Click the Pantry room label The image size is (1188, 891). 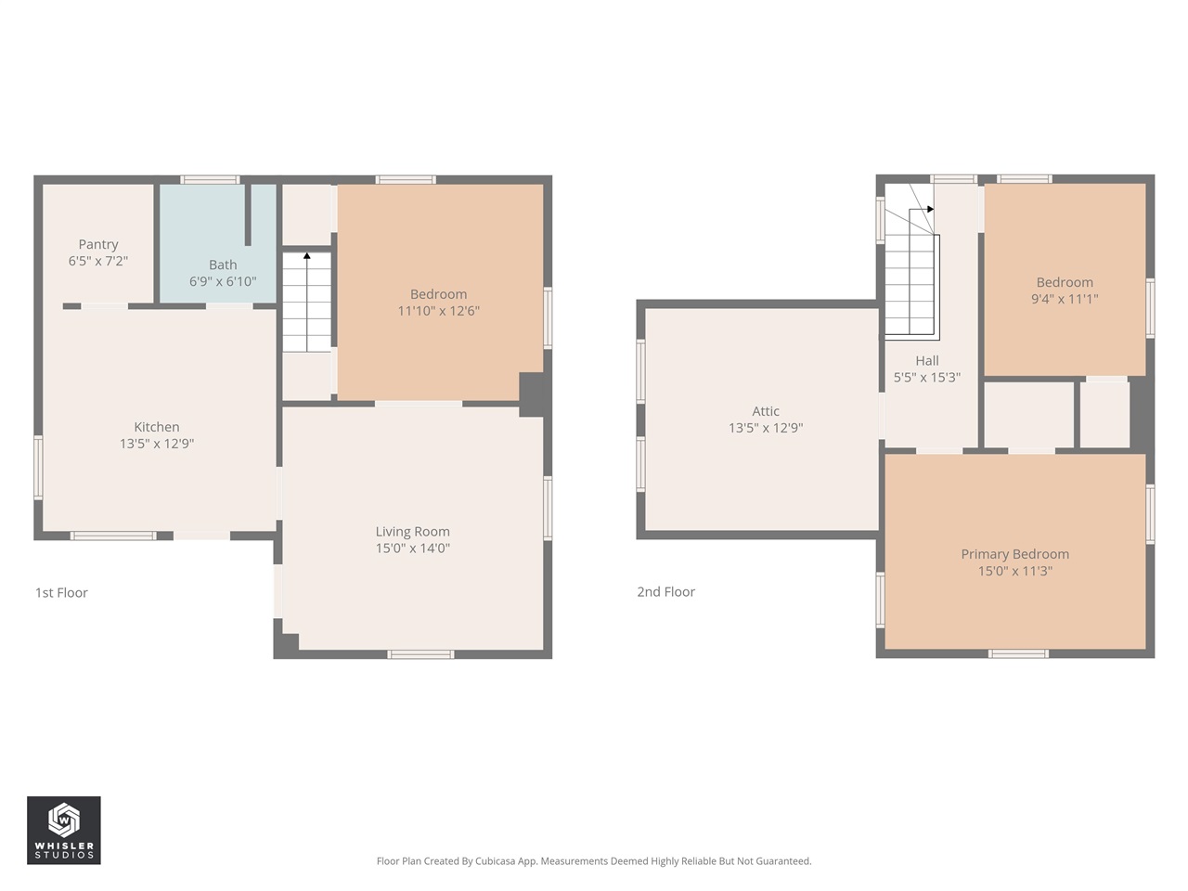[x=98, y=244]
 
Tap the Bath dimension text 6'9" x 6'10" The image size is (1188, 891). [x=223, y=281]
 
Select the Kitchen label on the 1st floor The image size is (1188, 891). [x=157, y=427]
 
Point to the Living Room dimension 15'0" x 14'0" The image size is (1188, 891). [x=412, y=549]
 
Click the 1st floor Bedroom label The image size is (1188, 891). [x=438, y=294]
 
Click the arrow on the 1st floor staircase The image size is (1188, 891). [x=307, y=256]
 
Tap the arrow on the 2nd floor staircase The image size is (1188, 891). [x=928, y=210]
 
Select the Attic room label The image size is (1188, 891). [x=766, y=411]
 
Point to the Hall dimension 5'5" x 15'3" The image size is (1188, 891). [x=926, y=378]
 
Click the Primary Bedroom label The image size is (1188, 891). [x=1014, y=554]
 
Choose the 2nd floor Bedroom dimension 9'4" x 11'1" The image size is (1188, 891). [x=1065, y=299]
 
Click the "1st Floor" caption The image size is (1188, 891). [x=61, y=592]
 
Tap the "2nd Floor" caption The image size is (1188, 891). [x=665, y=591]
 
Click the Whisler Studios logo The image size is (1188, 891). [x=64, y=830]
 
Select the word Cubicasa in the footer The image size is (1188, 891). [x=497, y=861]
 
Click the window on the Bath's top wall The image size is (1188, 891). [x=210, y=179]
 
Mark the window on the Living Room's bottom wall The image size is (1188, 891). [x=420, y=654]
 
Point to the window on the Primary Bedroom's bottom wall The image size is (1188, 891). [x=1018, y=653]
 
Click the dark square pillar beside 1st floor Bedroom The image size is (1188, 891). [x=532, y=394]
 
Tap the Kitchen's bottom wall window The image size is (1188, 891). [x=113, y=536]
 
